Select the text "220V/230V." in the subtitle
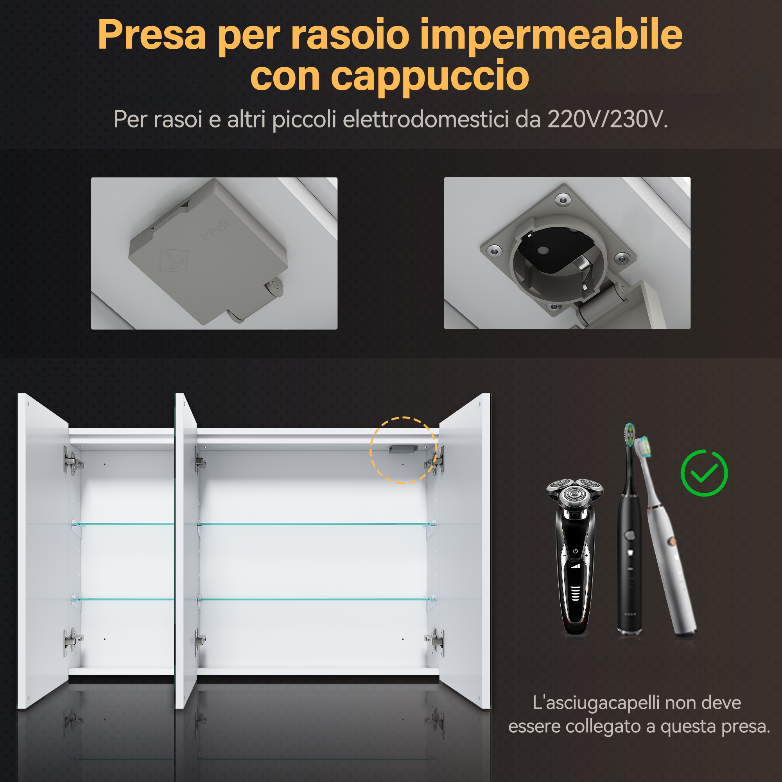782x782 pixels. [608, 119]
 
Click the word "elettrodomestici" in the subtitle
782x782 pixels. [426, 119]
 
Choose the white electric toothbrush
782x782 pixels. [666, 538]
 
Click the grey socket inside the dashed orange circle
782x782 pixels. [403, 449]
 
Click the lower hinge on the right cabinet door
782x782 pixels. [435, 641]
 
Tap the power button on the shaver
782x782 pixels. [575, 551]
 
